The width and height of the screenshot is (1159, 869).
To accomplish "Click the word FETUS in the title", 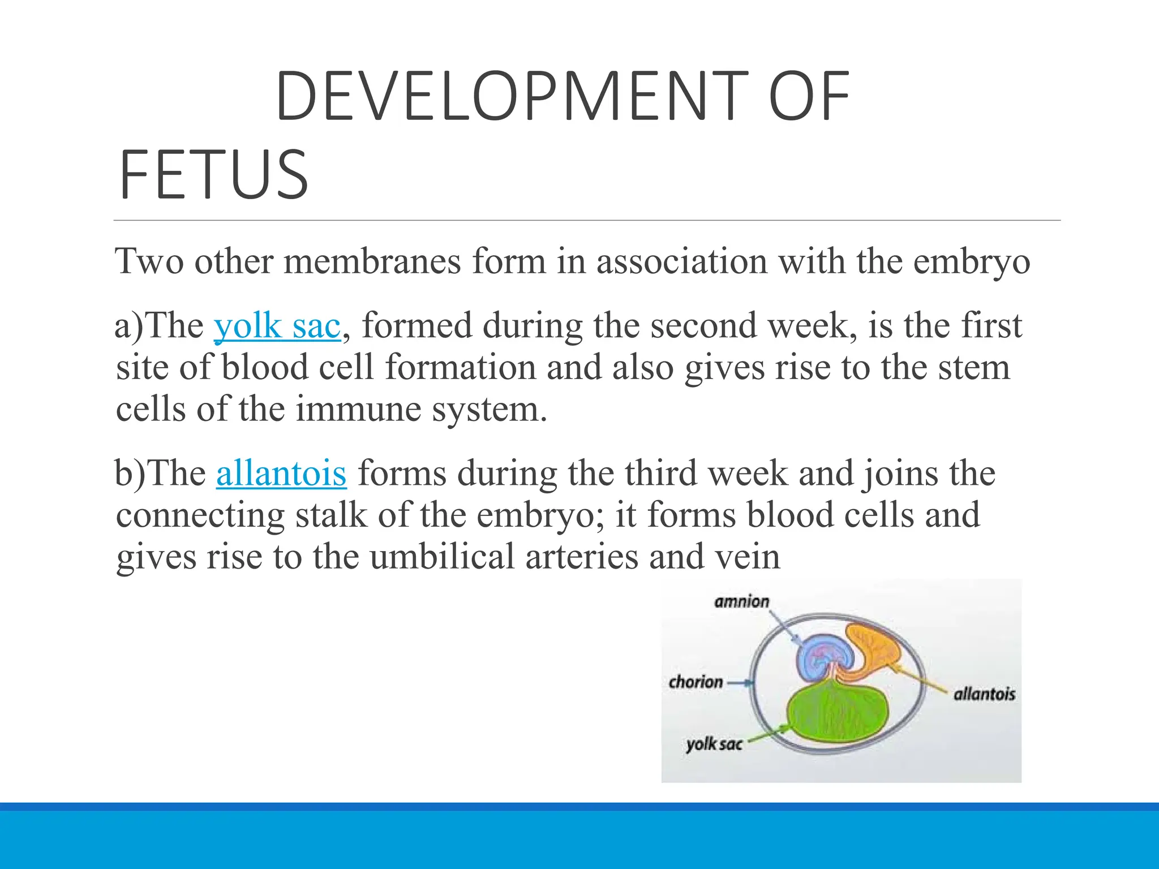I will [x=213, y=175].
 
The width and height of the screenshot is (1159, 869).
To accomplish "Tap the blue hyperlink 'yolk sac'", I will [x=277, y=326].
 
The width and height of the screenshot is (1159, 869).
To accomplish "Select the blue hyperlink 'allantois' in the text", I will [x=281, y=474].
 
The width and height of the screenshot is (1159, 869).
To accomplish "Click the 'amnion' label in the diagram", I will [x=742, y=601].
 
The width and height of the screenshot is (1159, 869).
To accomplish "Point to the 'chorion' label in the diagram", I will [x=696, y=682].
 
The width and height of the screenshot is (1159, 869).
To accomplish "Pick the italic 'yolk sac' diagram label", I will [x=714, y=744].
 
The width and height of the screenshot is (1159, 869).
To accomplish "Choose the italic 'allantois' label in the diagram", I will [x=984, y=694].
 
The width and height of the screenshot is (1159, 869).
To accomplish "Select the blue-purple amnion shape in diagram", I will [x=823, y=656].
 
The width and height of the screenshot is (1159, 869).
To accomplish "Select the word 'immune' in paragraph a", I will [x=358, y=409].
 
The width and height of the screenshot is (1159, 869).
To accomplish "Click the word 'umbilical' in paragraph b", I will [x=442, y=557].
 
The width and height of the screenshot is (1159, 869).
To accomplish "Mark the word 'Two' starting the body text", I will [x=149, y=262].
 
